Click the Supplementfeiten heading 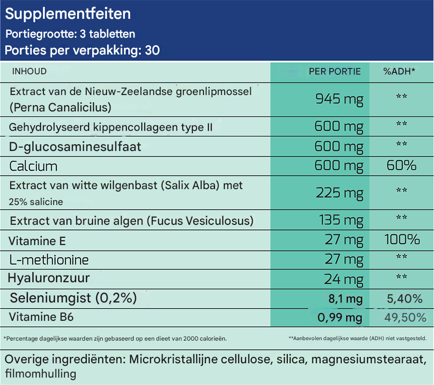[68, 14]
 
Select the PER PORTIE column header [335, 71]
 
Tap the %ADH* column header [399, 71]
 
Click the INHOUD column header [29, 71]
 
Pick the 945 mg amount [339, 99]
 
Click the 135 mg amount [341, 220]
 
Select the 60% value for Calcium [401, 166]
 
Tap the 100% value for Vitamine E [402, 239]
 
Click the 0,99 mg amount [339, 317]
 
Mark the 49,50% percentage [405, 317]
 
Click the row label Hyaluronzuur [49, 278]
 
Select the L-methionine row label [49, 260]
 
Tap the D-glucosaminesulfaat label [75, 146]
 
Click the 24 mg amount [344, 279]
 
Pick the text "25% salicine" [36, 202]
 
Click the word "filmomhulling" [41, 373]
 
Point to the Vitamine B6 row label [41, 317]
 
